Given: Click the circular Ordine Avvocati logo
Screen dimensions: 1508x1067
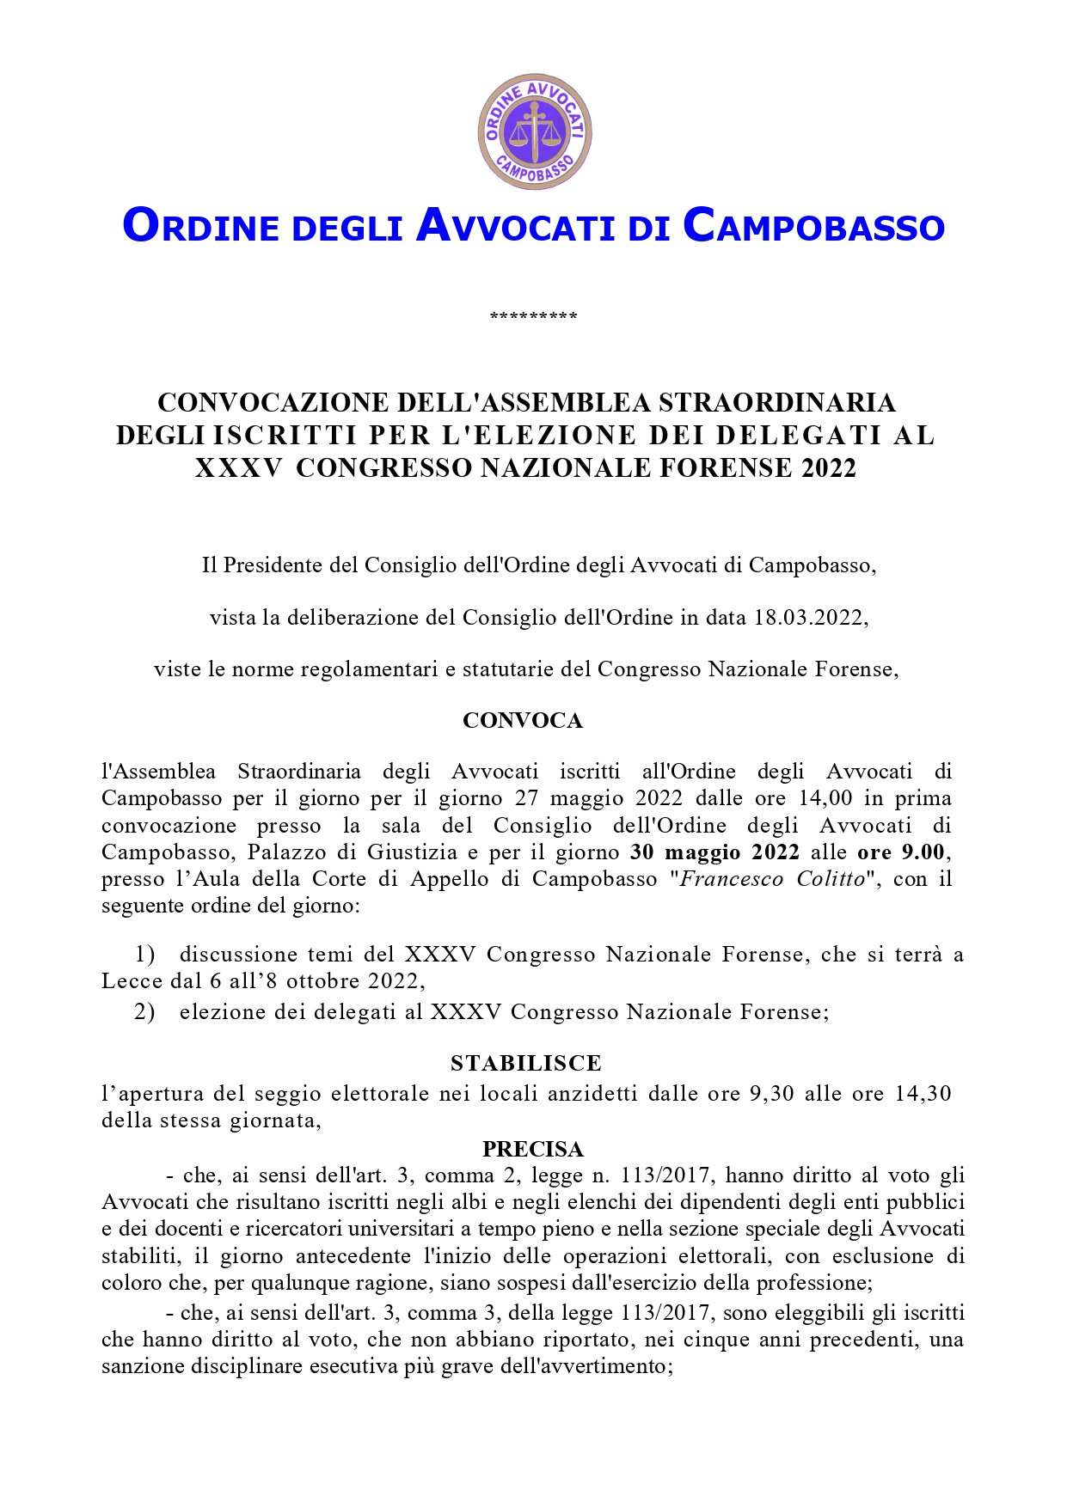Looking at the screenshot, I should (534, 131).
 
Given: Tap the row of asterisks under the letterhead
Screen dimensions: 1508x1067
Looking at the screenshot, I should (533, 317).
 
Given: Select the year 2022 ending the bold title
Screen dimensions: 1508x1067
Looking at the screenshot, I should (829, 468).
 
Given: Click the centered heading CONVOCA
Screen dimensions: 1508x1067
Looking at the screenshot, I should (523, 721).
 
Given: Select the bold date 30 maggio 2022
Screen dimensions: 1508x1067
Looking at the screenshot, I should (714, 852).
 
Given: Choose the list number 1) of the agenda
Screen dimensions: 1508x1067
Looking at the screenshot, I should (144, 955).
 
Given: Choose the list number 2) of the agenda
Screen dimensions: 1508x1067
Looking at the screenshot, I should (144, 1012).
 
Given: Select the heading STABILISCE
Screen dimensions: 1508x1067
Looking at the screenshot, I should (526, 1064).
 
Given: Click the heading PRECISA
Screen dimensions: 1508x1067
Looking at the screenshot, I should (533, 1150).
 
